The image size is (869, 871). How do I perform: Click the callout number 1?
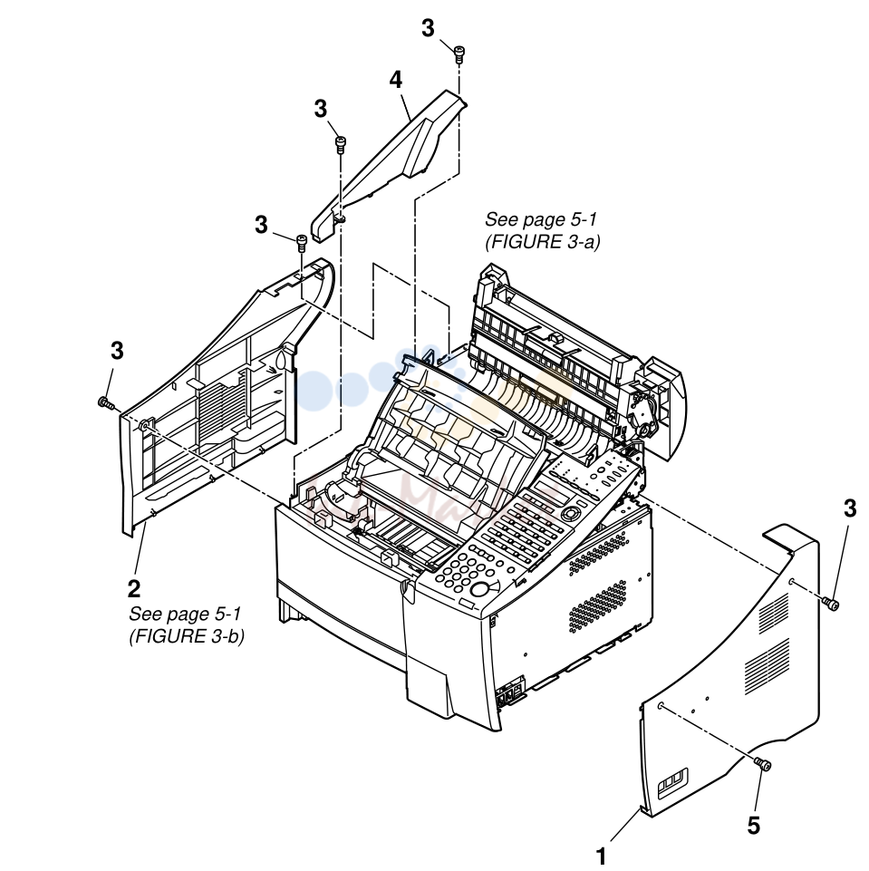tap(601, 856)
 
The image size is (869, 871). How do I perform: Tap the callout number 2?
tap(134, 588)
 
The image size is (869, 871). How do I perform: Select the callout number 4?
tap(395, 80)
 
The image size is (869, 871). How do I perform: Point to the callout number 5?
tap(753, 826)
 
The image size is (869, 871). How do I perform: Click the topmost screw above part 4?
tap(459, 54)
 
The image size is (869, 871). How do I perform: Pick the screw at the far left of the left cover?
tap(105, 402)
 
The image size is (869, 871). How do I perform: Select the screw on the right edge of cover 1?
tap(831, 604)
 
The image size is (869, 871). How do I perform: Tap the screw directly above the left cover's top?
tap(302, 242)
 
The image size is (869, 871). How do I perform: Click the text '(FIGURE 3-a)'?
tap(543, 242)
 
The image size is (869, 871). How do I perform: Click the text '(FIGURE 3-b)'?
tap(187, 636)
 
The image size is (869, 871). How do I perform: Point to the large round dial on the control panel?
tap(481, 589)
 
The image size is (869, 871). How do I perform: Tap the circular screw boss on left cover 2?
tap(144, 425)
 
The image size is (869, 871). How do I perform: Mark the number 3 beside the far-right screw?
tap(850, 508)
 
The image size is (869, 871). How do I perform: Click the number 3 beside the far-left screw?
tap(117, 351)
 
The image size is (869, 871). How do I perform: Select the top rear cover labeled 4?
tap(389, 164)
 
